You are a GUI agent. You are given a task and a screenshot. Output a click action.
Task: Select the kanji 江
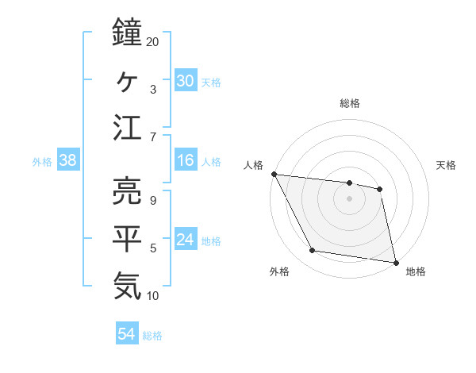[128, 128]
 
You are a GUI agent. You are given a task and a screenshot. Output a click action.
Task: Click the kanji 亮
[128, 190]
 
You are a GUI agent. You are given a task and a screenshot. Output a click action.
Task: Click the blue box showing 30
[185, 81]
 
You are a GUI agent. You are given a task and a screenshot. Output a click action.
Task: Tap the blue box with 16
[185, 161]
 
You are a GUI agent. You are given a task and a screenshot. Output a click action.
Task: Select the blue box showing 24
[185, 240]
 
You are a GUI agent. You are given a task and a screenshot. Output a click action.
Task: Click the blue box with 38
[67, 161]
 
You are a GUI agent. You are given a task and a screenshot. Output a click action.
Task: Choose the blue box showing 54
[126, 335]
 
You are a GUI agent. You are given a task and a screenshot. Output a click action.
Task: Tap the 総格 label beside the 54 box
[152, 336]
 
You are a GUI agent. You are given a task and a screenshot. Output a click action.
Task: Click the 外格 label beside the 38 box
[42, 162]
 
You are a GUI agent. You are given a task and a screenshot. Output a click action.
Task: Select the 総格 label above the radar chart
[350, 103]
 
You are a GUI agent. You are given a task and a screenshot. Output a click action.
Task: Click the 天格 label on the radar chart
[446, 165]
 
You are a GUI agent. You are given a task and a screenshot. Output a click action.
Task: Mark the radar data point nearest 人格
[274, 174]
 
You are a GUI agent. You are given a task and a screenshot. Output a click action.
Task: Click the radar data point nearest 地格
[394, 261]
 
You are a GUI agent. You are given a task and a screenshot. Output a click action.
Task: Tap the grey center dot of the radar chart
[349, 198]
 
